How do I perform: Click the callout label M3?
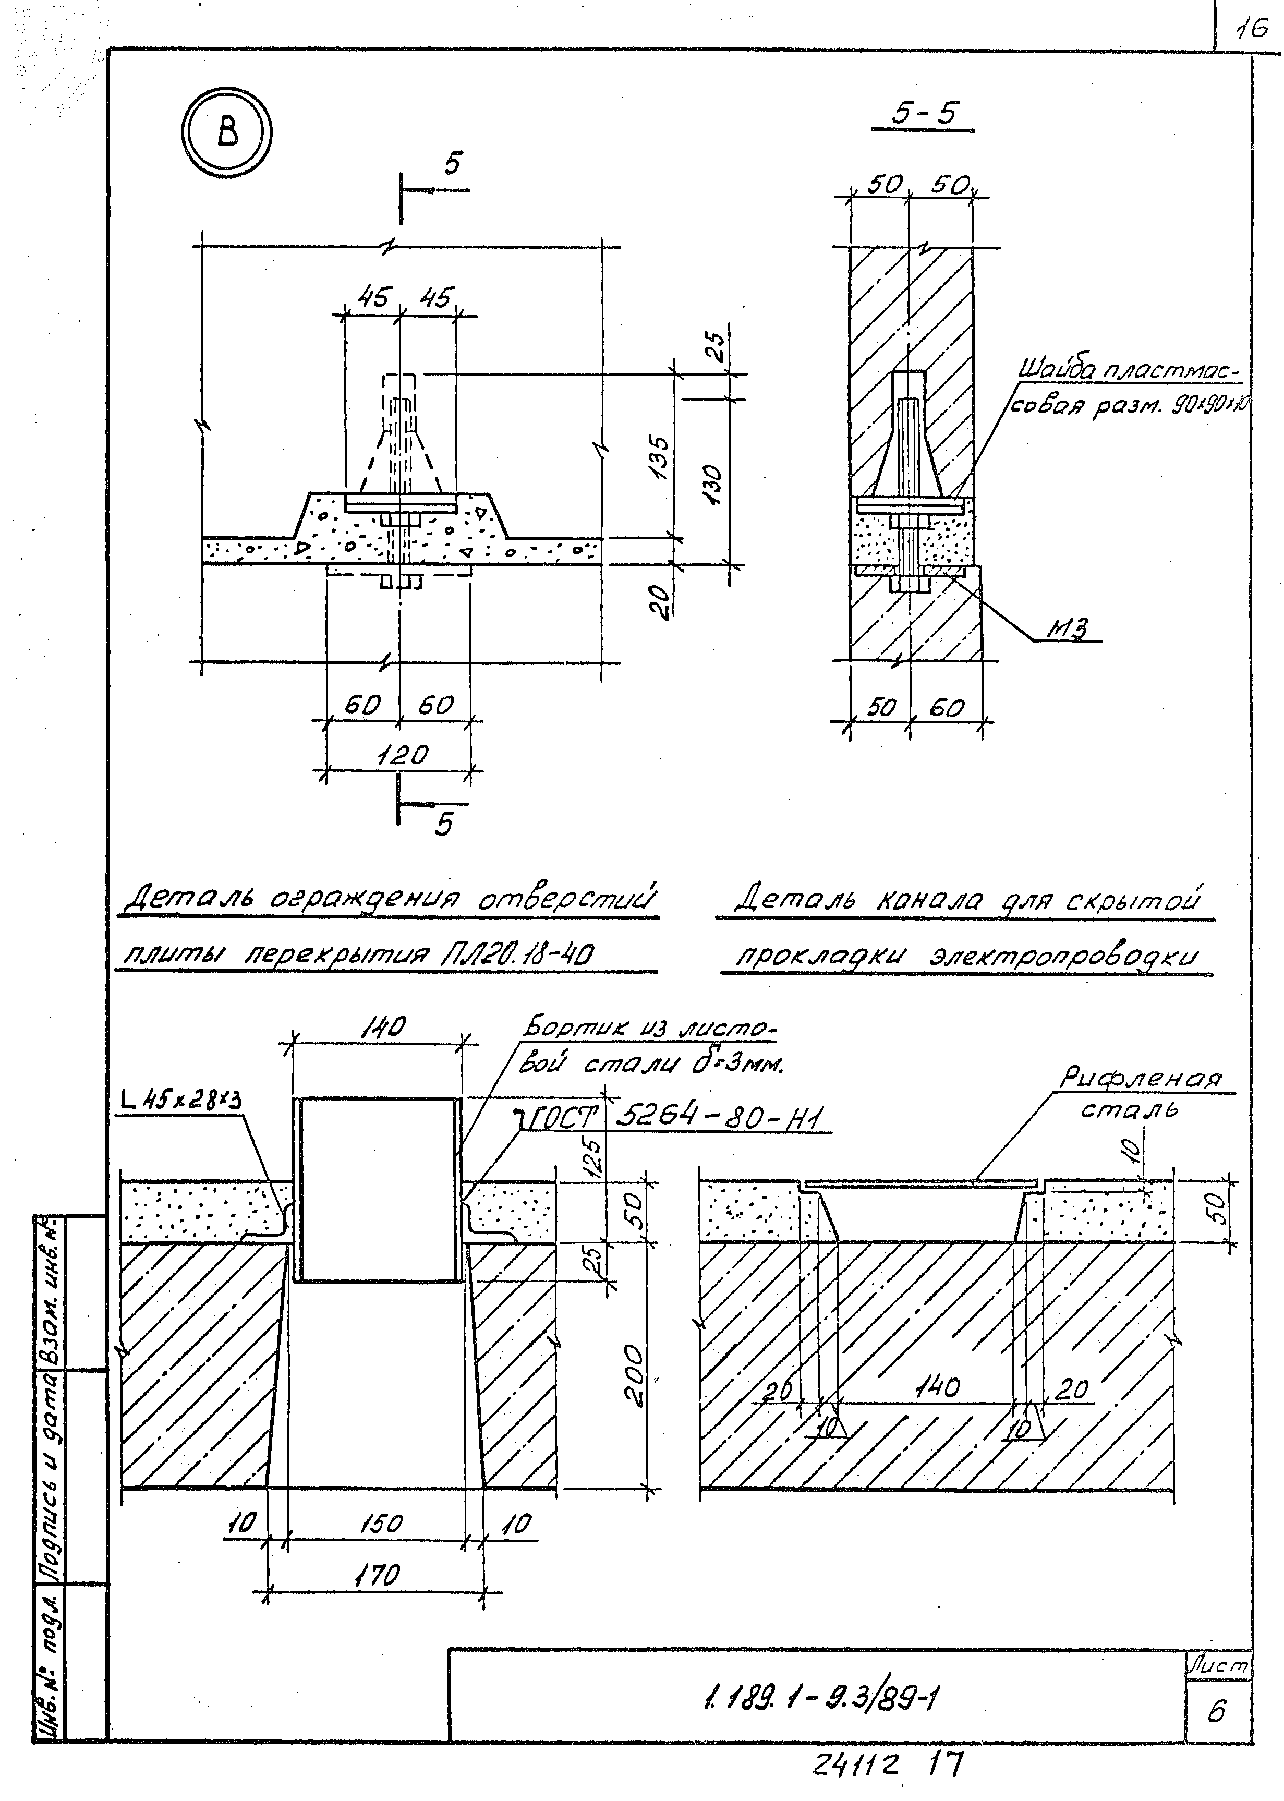pos(1068,628)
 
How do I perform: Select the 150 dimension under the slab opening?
pos(381,1522)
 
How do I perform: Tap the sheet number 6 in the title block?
pos(1216,1712)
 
